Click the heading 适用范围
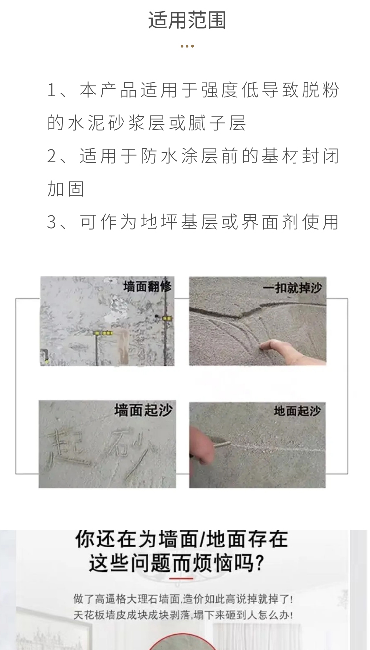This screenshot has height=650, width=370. pyautogui.click(x=187, y=20)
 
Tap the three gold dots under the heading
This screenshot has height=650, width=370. pyautogui.click(x=187, y=46)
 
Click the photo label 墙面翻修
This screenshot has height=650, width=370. pyautogui.click(x=147, y=286)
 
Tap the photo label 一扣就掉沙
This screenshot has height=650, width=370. pyautogui.click(x=293, y=288)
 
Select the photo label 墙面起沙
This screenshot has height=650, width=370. pyautogui.click(x=144, y=410)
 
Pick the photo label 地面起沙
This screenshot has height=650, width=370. pyautogui.click(x=297, y=411)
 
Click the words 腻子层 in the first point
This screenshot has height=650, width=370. pyautogui.click(x=217, y=123)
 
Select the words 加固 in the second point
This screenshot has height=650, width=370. pyautogui.click(x=66, y=189)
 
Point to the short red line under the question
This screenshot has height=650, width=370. pyautogui.click(x=181, y=586)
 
